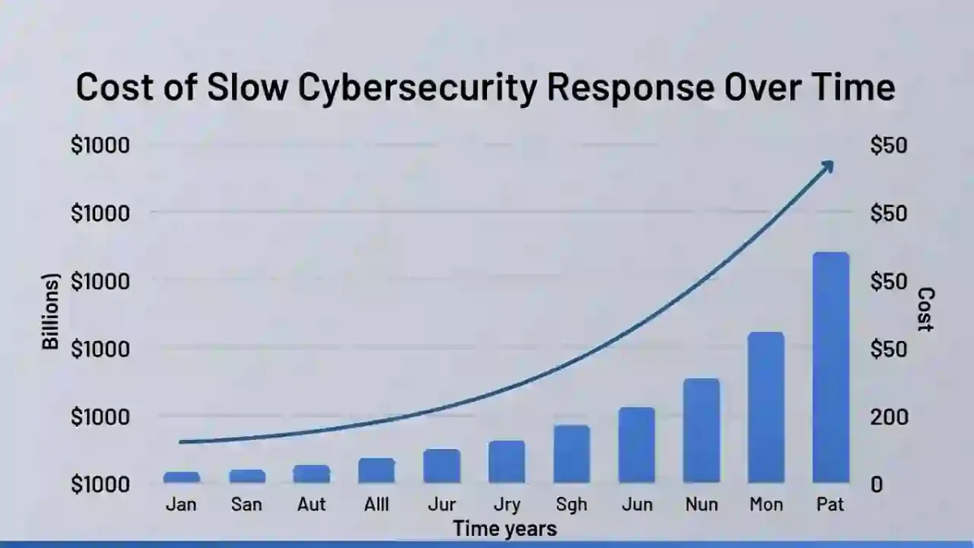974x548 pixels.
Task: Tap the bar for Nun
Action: point(701,430)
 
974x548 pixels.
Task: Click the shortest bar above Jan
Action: point(181,477)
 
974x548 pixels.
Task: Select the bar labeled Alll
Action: point(377,470)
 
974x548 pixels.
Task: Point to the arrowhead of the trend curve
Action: point(827,166)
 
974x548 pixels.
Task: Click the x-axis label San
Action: point(246,504)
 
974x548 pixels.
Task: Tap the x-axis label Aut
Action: point(311,504)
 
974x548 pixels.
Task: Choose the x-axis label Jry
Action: point(506,505)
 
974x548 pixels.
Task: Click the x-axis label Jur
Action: point(442,505)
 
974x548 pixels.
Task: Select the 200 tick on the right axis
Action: point(888,416)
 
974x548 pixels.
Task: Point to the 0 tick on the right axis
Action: point(877,484)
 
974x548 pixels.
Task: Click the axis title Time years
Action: point(505,529)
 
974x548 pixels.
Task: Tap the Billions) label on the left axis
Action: point(51,312)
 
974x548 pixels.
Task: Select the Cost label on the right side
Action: point(925,309)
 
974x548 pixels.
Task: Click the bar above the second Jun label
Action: point(636,444)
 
